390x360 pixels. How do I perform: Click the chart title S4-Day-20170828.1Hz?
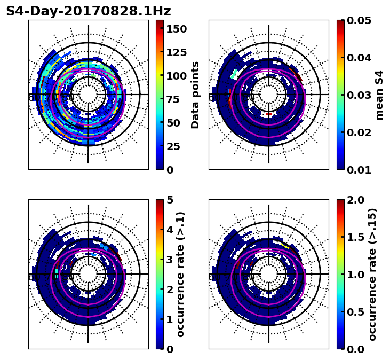click(88, 11)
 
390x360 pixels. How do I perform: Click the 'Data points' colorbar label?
click(195, 95)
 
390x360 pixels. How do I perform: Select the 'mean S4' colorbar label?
click(379, 95)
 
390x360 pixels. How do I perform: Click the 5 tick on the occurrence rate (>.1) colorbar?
click(170, 200)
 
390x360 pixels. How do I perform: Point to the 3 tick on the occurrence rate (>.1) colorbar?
click(170, 260)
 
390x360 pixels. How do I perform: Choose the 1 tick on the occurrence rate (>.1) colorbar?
click(170, 319)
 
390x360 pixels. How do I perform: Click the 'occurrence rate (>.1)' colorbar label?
click(181, 275)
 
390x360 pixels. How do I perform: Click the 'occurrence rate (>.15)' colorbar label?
click(372, 275)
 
